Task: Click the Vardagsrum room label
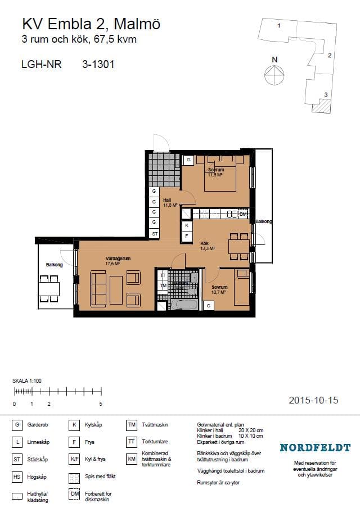(118, 259)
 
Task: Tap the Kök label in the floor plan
(205, 243)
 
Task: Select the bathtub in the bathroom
(184, 304)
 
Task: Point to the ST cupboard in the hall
(154, 233)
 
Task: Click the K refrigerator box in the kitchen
(187, 225)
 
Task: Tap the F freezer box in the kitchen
(187, 236)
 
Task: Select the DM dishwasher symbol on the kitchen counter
(242, 214)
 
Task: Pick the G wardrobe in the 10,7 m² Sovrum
(209, 305)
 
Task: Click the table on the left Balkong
(49, 288)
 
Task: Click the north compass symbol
(274, 72)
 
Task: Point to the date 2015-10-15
(313, 400)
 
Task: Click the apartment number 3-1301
(98, 64)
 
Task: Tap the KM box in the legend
(132, 459)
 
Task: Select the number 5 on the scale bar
(100, 404)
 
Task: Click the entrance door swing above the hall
(161, 142)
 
